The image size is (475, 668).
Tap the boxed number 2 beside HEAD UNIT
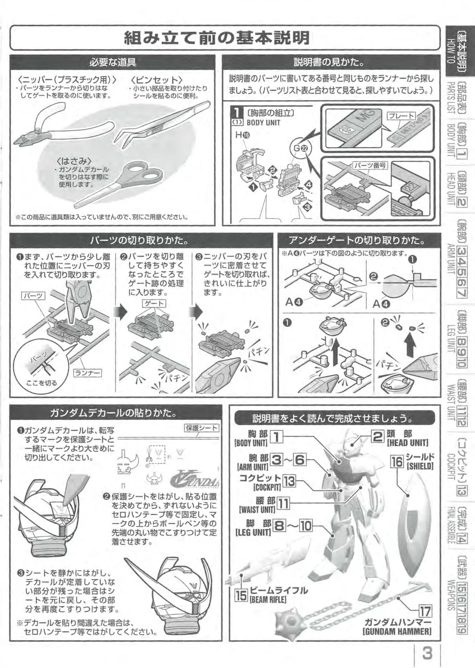click(x=377, y=436)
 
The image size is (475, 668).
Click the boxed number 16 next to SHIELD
click(x=397, y=462)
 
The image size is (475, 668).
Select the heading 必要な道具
click(x=112, y=62)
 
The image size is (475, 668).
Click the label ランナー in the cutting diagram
click(x=87, y=372)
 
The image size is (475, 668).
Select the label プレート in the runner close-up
click(x=401, y=116)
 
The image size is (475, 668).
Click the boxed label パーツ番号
click(x=370, y=166)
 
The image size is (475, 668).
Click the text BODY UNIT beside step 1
click(x=263, y=122)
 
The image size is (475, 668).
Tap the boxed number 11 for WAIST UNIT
click(x=283, y=504)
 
